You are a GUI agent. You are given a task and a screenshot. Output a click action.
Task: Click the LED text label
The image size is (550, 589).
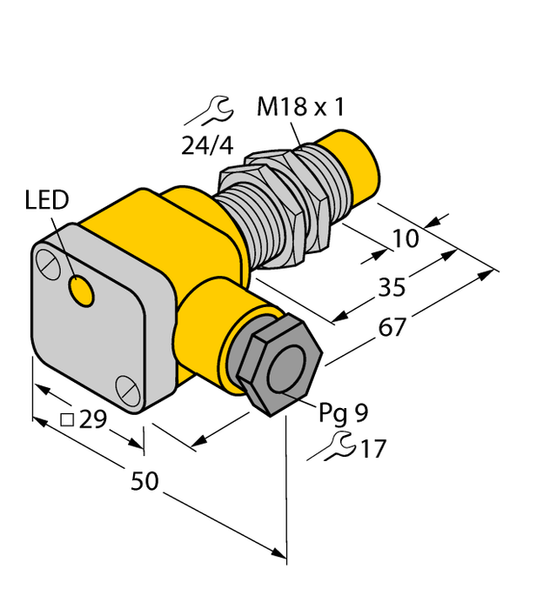(x=46, y=202)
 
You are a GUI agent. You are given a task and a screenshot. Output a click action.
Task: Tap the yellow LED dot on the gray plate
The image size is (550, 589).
(x=82, y=291)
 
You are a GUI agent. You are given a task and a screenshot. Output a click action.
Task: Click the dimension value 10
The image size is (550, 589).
(x=405, y=238)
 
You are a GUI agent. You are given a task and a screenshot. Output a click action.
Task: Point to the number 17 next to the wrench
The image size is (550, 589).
(x=372, y=450)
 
